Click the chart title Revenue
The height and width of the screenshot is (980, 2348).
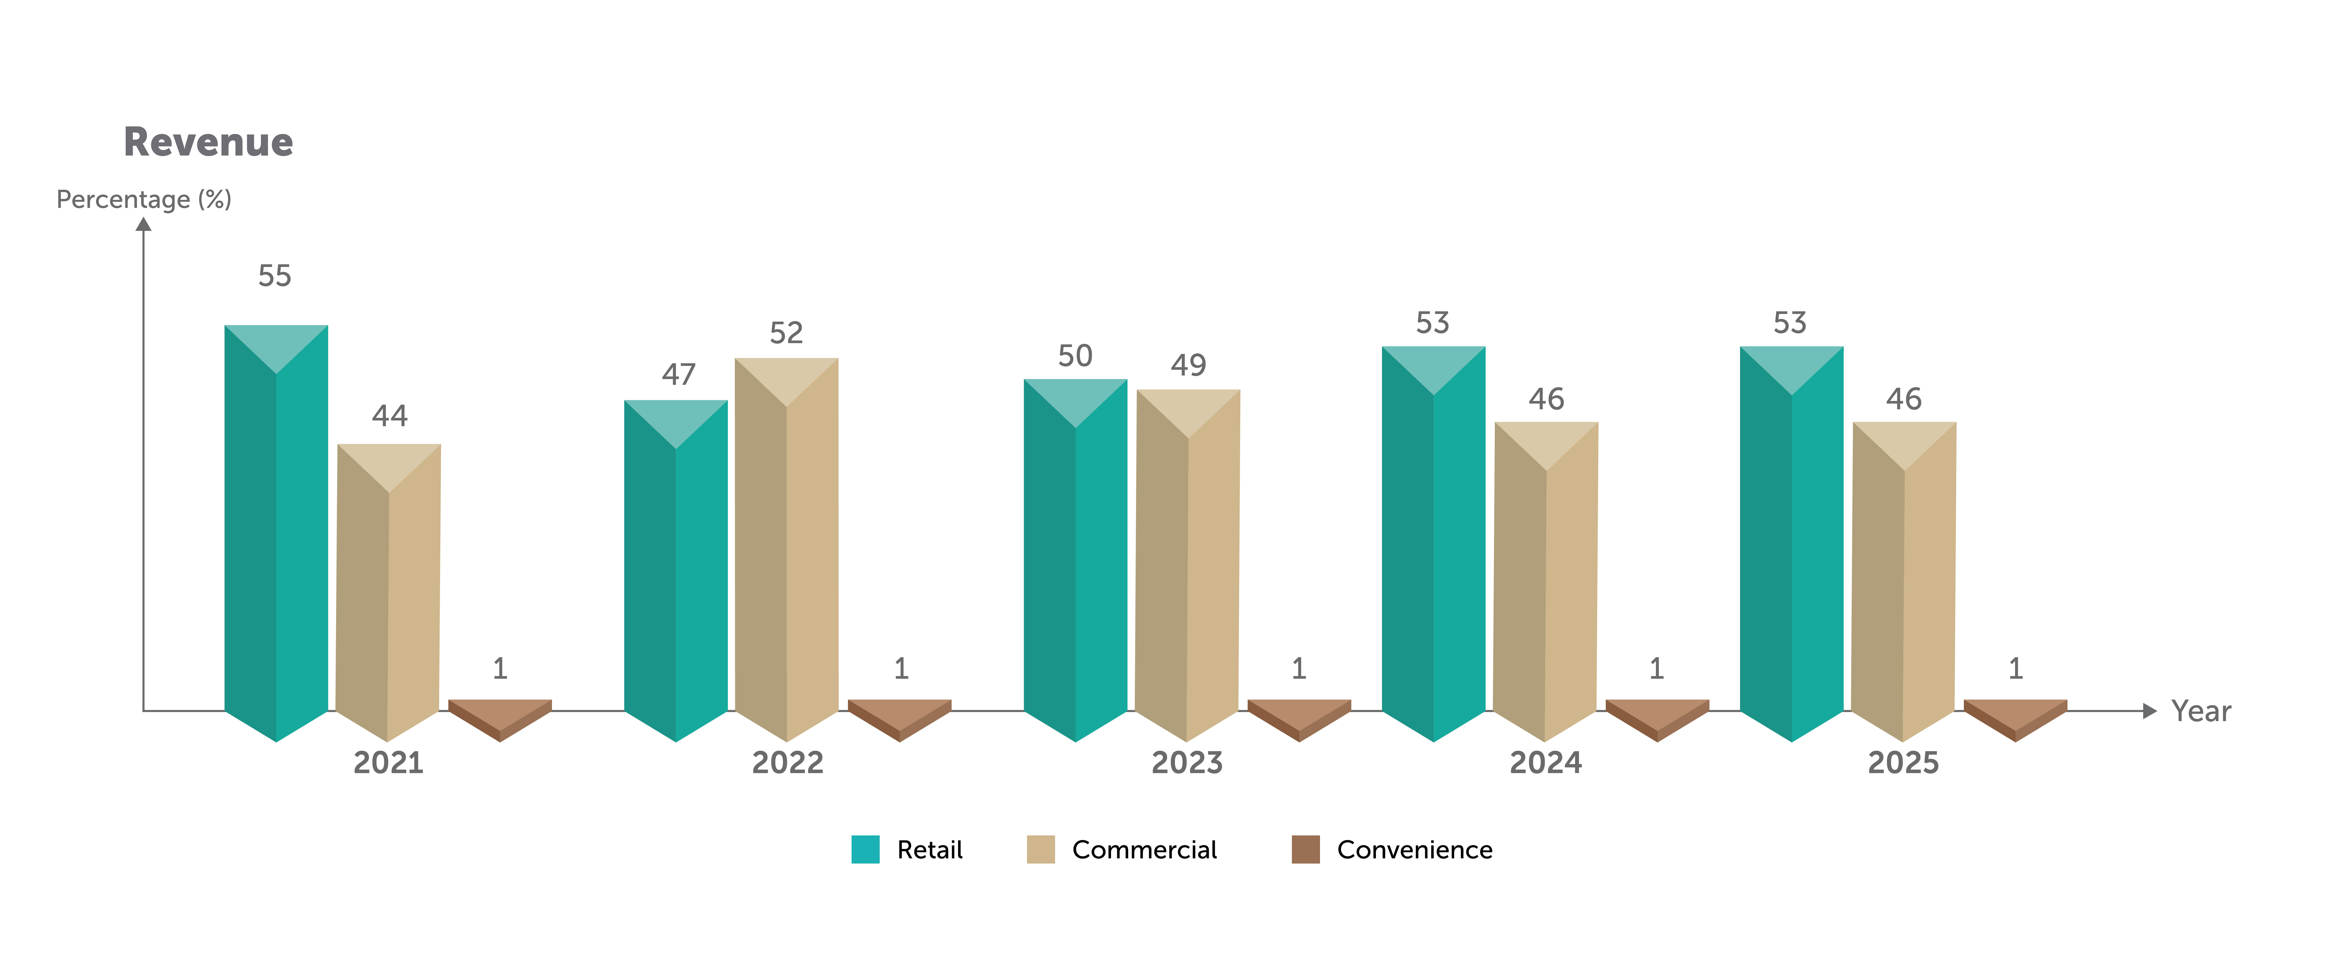(x=208, y=142)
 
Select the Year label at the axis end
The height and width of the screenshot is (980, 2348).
(x=2200, y=711)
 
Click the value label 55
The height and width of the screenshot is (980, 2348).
(x=274, y=275)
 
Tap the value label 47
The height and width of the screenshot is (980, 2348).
(x=678, y=374)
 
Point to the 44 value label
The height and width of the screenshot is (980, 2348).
(x=389, y=416)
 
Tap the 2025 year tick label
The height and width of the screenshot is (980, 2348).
(x=1903, y=762)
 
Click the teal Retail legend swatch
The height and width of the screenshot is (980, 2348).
(x=865, y=850)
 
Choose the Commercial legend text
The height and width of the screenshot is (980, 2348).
(x=1144, y=850)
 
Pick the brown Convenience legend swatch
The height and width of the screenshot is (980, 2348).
(x=1305, y=850)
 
